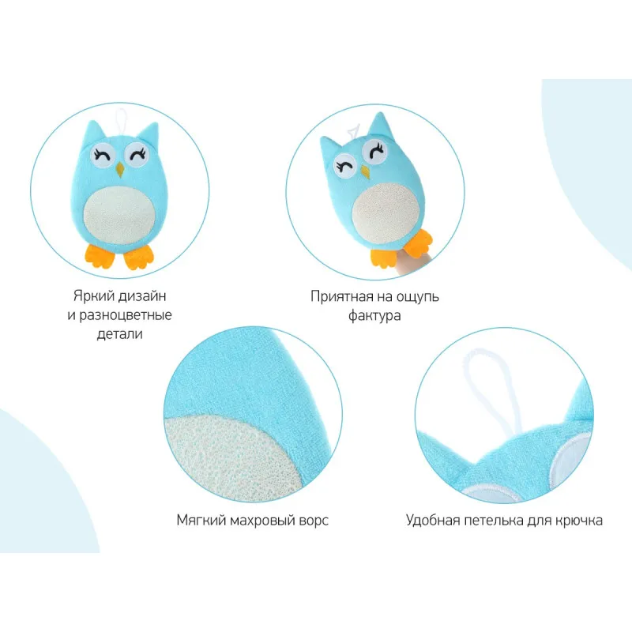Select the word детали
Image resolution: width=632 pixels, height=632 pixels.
(x=120, y=334)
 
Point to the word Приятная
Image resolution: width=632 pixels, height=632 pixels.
(x=342, y=297)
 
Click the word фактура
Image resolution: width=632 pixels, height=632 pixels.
(x=374, y=315)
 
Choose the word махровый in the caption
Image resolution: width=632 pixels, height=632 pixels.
(x=262, y=521)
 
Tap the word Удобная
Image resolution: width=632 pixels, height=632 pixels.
(x=433, y=520)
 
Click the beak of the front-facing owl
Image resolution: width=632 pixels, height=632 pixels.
(x=119, y=170)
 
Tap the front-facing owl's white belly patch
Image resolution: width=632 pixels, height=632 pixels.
(x=118, y=215)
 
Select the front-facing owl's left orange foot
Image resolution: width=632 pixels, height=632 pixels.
(x=100, y=255)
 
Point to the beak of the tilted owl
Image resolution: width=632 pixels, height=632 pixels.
(x=365, y=171)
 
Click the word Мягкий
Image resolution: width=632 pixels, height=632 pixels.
(x=201, y=521)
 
